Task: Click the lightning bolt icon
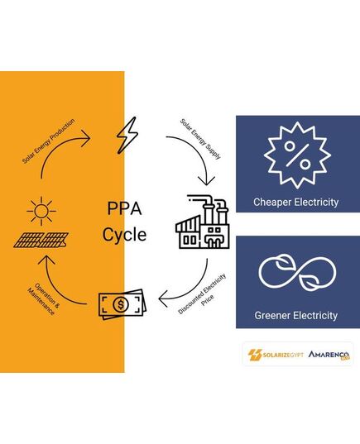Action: tap(127, 136)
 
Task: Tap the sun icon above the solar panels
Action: tap(41, 211)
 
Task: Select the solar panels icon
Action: tap(41, 240)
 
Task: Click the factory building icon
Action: tap(203, 222)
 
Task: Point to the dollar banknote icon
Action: tap(122, 304)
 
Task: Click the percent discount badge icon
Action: tap(297, 155)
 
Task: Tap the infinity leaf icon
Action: tap(297, 272)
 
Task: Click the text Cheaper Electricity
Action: tap(296, 203)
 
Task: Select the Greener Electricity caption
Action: tap(296, 316)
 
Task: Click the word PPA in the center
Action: tap(124, 208)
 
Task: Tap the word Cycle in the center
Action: tap(124, 235)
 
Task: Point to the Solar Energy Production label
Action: tap(49, 141)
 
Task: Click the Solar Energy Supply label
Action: tap(200, 139)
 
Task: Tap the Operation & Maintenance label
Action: tap(44, 299)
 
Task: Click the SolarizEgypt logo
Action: tap(276, 355)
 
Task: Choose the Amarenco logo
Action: tap(329, 355)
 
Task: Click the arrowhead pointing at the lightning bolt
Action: tap(86, 138)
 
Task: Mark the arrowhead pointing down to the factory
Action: tap(206, 181)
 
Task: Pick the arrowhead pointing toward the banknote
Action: tap(163, 299)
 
